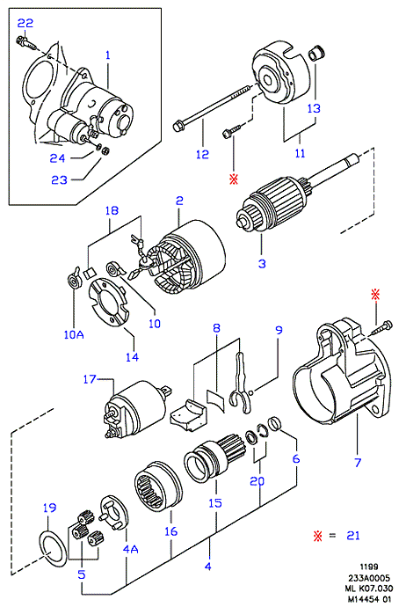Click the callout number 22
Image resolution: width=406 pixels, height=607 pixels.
(x=25, y=23)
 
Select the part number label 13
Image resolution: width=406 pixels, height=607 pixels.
(x=314, y=108)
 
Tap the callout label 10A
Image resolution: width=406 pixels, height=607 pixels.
(x=74, y=334)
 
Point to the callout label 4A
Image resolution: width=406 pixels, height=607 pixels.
(x=130, y=549)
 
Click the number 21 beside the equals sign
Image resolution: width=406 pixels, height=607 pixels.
(x=353, y=536)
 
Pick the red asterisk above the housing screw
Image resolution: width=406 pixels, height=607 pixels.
(x=375, y=295)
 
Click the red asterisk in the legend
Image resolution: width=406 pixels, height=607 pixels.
(x=318, y=536)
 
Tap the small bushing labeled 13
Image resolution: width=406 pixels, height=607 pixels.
(x=316, y=54)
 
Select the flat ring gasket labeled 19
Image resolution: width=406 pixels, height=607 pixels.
(x=53, y=550)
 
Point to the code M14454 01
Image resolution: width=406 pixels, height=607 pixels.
(x=369, y=599)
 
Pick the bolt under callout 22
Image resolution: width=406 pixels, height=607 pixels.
(x=26, y=42)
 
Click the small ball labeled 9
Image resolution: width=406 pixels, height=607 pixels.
(x=250, y=393)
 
